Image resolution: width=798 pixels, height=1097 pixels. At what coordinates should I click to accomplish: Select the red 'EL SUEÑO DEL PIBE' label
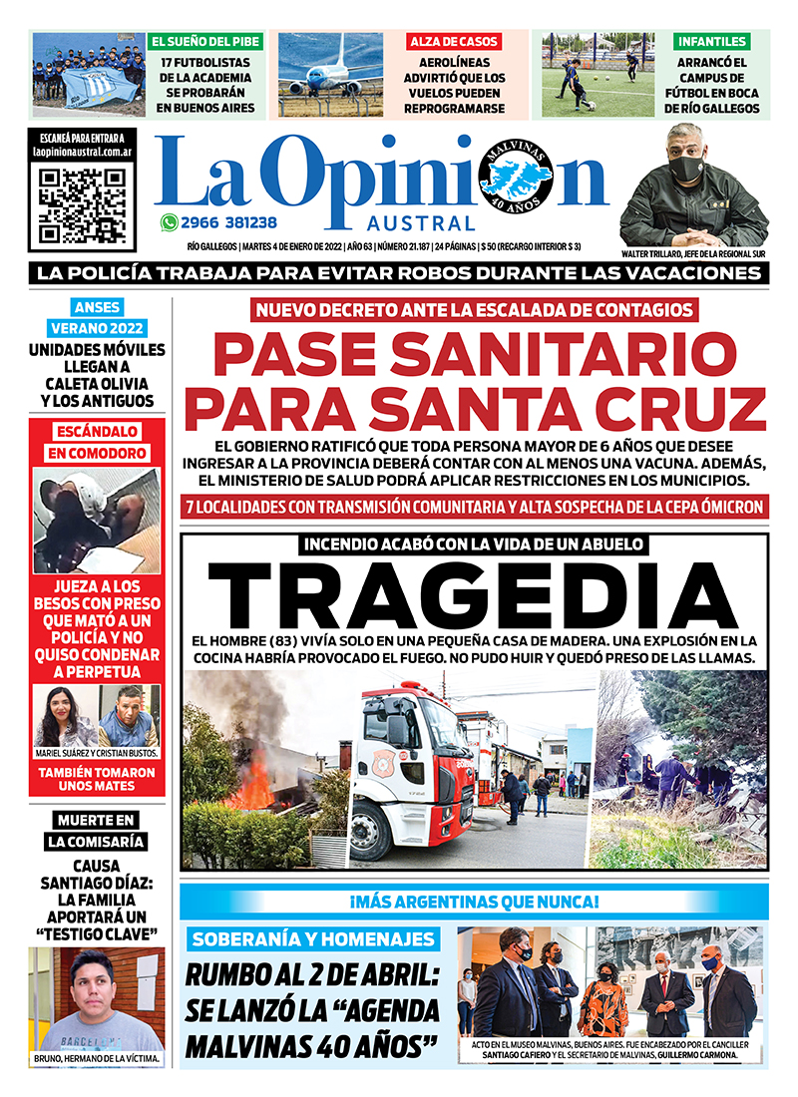click(x=206, y=42)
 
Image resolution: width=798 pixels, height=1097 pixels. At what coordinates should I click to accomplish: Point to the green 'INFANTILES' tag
click(x=712, y=42)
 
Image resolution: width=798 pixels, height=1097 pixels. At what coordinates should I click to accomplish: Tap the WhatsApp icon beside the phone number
click(x=169, y=223)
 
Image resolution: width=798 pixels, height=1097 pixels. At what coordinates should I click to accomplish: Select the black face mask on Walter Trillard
click(x=686, y=169)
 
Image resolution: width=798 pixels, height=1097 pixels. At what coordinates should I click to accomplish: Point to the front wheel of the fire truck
click(x=372, y=833)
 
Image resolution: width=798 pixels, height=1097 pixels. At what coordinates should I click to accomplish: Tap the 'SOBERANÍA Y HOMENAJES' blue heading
click(x=314, y=939)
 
